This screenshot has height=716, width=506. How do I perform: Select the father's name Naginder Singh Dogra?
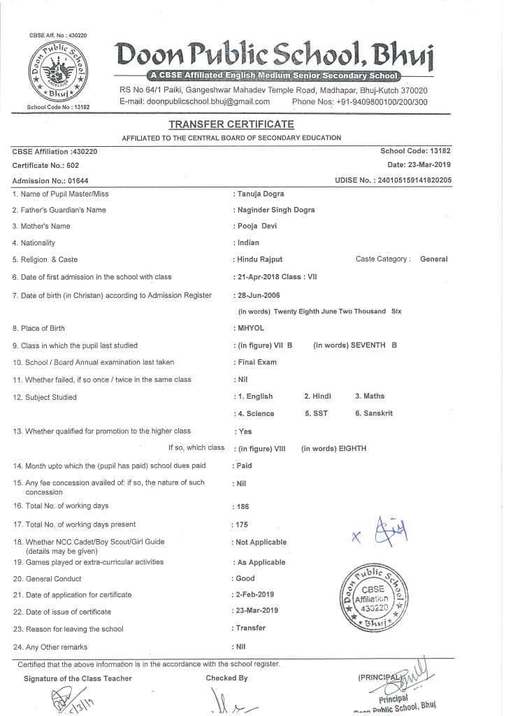(276, 210)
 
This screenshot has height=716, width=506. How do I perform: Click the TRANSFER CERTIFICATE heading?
(231, 124)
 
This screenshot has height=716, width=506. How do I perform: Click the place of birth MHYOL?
(251, 328)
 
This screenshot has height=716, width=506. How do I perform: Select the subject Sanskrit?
(377, 413)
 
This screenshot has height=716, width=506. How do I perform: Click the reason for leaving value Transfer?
(251, 629)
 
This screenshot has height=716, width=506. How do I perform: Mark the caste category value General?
(433, 259)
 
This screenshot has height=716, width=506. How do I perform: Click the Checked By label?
(226, 678)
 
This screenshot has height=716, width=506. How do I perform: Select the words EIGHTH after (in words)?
(352, 448)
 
